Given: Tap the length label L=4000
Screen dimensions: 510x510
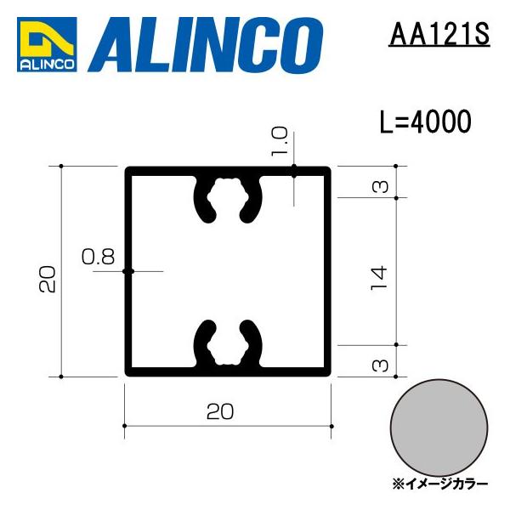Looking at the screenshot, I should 424,122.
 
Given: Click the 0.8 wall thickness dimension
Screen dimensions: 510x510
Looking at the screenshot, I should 98,257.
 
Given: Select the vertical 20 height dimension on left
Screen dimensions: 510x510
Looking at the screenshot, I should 48,278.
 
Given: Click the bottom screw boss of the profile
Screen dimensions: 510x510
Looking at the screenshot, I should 228,343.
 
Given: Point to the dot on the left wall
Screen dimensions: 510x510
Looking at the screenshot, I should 127,271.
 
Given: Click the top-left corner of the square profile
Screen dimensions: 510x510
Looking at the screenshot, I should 129,171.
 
